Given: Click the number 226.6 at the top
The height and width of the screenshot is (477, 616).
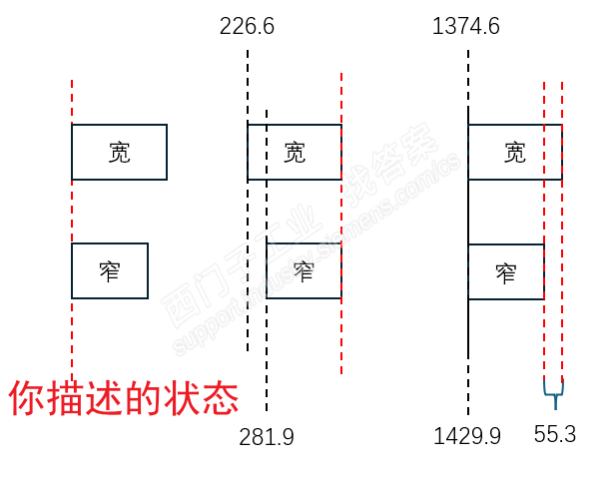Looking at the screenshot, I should [x=247, y=27].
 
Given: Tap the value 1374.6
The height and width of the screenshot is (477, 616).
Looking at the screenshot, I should [x=466, y=27].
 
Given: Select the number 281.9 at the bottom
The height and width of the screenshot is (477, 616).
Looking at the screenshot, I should [x=267, y=437].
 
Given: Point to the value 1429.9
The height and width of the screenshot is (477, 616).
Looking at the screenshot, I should [x=467, y=436].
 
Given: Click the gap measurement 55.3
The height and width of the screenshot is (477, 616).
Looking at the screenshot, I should [x=555, y=435].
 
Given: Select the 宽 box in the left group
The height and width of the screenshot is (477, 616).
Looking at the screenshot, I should [x=119, y=153].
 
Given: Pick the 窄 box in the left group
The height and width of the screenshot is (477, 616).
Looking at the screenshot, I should [x=110, y=270].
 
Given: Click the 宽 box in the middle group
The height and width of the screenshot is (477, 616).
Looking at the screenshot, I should [x=295, y=153].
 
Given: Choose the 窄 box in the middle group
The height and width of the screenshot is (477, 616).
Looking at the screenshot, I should [x=304, y=270].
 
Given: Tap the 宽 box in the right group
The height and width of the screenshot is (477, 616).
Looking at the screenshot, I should [x=515, y=153].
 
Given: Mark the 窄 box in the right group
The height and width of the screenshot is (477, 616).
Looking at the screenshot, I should [x=506, y=271].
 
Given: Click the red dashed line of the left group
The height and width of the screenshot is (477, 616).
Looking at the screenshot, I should [x=72, y=339].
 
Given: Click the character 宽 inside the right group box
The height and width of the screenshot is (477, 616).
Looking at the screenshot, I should [x=515, y=153].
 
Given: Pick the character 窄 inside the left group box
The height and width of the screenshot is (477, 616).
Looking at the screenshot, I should [x=110, y=270].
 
